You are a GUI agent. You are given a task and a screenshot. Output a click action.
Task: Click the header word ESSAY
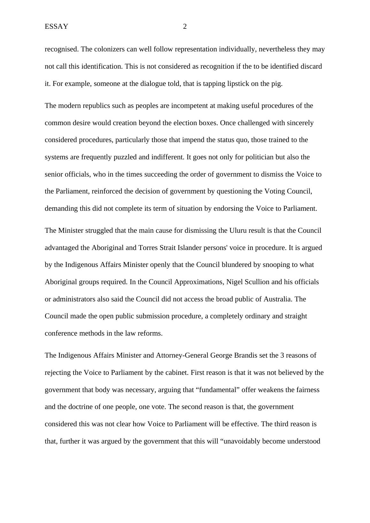pos(56,27)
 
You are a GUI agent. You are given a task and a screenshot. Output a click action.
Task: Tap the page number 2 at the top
pos(185,27)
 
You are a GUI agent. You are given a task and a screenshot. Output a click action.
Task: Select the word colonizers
pos(108,49)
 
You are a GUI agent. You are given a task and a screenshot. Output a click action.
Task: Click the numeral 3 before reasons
pos(282,355)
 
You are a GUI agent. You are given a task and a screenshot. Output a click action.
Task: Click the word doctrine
pos(79,407)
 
